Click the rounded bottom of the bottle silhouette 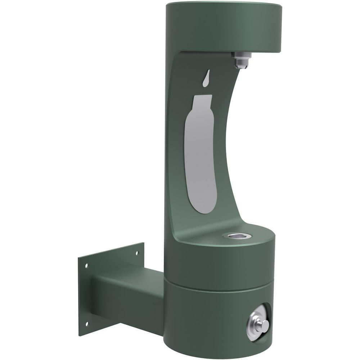(x=204, y=205)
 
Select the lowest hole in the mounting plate (x=86, y=324)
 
